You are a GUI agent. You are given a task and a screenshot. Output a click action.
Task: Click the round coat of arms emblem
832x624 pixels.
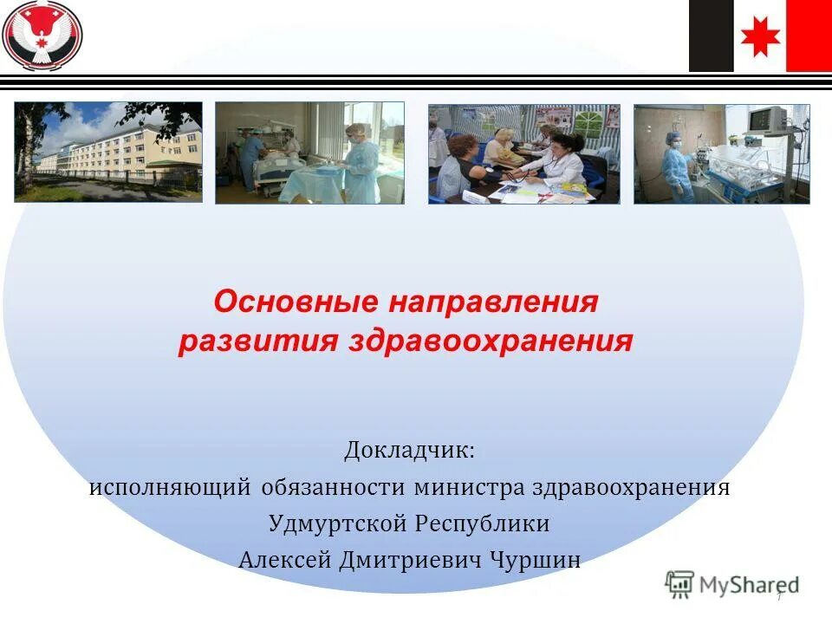click(x=42, y=36)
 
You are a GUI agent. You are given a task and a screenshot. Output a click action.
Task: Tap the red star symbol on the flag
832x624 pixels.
click(x=760, y=36)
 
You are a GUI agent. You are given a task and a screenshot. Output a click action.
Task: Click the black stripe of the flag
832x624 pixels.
click(x=711, y=36)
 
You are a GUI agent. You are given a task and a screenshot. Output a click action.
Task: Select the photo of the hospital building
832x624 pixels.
click(x=108, y=153)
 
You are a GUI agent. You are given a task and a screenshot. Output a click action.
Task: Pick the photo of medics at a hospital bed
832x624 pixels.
click(x=309, y=153)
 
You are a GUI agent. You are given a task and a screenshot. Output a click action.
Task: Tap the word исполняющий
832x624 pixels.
click(x=170, y=488)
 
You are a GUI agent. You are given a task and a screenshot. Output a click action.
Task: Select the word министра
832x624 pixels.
click(x=469, y=488)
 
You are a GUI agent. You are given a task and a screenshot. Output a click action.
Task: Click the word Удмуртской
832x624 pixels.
click(x=337, y=524)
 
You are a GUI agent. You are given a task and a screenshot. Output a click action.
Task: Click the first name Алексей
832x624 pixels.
click(x=284, y=561)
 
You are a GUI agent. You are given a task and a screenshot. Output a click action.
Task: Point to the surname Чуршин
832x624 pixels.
click(x=536, y=561)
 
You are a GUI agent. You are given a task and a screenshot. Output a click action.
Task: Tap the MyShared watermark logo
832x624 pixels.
click(x=732, y=584)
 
